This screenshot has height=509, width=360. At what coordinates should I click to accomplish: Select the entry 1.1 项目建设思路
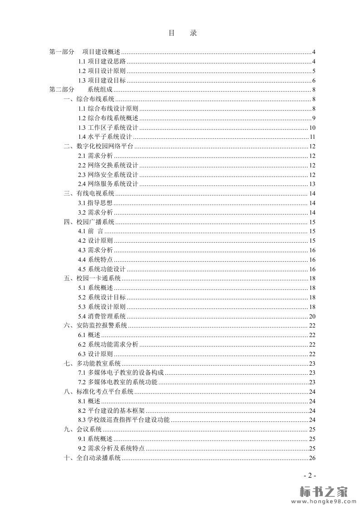click(x=102, y=62)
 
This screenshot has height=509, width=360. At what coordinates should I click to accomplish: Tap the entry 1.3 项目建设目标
click(x=102, y=81)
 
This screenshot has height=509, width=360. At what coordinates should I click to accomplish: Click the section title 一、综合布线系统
click(x=89, y=99)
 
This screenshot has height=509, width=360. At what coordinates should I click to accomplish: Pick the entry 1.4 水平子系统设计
click(x=105, y=137)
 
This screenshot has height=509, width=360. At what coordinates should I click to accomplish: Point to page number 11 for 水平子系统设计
click(x=312, y=137)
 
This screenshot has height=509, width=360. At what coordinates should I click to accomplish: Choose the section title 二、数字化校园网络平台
click(x=99, y=147)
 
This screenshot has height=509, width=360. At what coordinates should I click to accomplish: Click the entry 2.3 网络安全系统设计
click(x=108, y=175)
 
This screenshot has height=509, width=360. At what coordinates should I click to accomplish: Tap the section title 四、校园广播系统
click(x=89, y=222)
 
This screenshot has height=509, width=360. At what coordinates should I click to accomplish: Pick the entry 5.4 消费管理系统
click(x=102, y=317)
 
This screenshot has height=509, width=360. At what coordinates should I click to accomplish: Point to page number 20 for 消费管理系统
click(x=312, y=317)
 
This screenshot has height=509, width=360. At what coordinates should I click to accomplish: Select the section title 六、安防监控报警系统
click(x=95, y=326)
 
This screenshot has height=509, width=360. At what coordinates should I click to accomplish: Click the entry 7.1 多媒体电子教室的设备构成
click(x=121, y=373)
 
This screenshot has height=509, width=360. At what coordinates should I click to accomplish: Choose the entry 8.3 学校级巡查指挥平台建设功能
click(x=124, y=420)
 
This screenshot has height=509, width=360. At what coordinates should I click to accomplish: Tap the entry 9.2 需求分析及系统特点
click(x=111, y=449)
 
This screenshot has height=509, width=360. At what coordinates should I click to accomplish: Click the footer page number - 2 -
click(x=310, y=475)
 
